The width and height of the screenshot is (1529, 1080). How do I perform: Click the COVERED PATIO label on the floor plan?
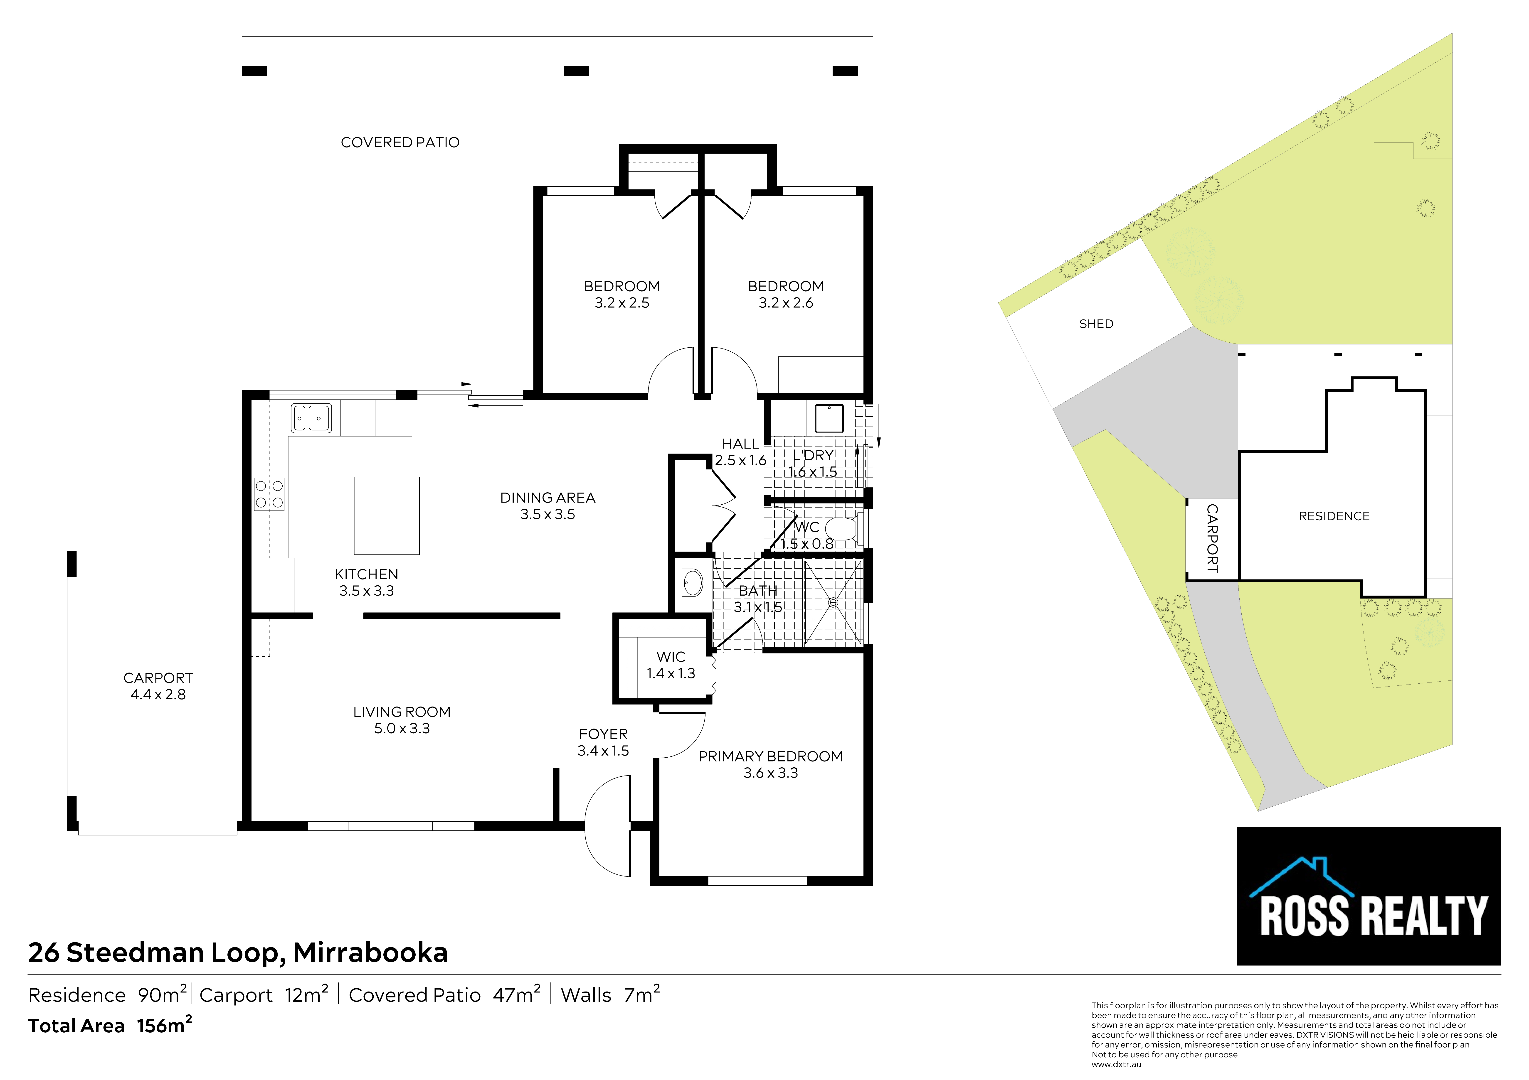pyautogui.click(x=400, y=142)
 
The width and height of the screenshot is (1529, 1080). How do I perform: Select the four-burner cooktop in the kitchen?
pyautogui.click(x=269, y=494)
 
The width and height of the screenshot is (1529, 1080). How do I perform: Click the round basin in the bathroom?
pyautogui.click(x=693, y=583)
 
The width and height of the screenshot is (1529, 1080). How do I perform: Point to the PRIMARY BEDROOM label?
pyautogui.click(x=770, y=756)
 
